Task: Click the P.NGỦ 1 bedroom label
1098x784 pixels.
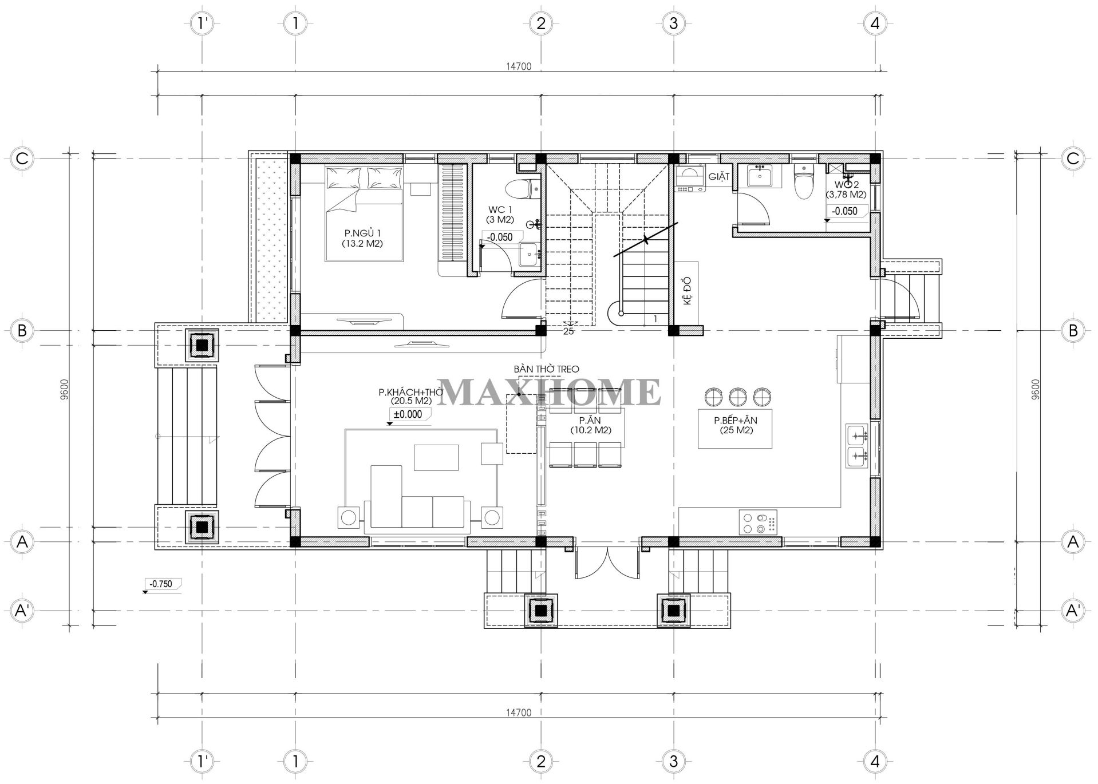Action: [362, 238]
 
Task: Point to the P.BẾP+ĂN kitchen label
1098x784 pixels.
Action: [736, 425]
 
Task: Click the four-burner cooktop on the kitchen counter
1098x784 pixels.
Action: [758, 522]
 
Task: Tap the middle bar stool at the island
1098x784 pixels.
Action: [738, 396]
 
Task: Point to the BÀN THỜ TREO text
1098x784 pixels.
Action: [546, 369]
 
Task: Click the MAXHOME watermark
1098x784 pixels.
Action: [550, 392]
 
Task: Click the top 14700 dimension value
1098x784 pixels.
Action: [519, 66]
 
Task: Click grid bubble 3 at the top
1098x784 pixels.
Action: [673, 23]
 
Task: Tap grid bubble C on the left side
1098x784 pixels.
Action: [22, 158]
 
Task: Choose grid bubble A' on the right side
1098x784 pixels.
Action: [1073, 610]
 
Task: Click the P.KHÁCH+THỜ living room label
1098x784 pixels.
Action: [404, 396]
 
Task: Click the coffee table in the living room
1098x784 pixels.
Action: [436, 457]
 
